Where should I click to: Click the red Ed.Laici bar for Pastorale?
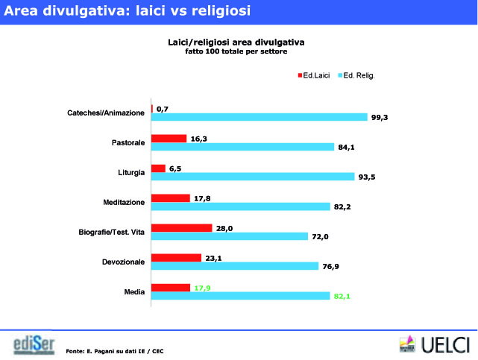169,138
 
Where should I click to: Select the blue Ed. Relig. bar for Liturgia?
253,177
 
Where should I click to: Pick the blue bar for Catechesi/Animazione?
260,117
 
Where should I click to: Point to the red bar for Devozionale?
177,257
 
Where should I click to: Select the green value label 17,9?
203,288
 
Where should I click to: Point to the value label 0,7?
162,109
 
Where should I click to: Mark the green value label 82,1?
341,296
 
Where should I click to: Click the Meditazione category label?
124,202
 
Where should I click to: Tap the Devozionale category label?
124,262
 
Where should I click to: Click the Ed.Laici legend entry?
315,75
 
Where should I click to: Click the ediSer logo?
34,345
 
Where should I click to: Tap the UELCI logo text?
445,345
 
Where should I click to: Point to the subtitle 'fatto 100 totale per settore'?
236,51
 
